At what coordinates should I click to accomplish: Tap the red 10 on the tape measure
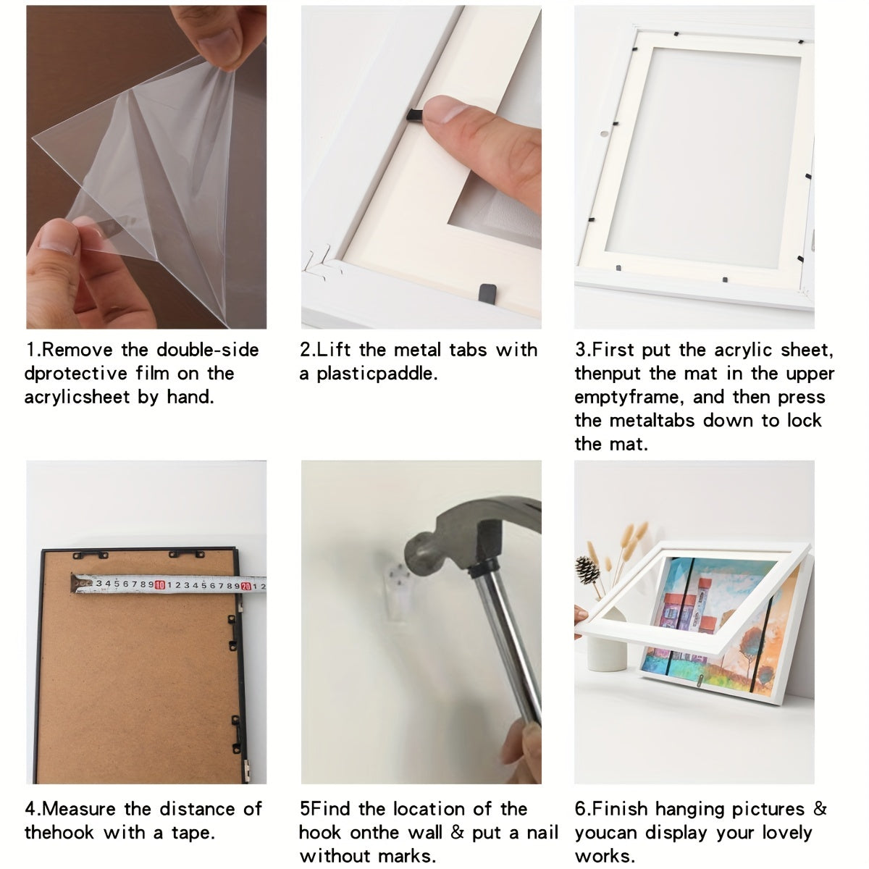pyautogui.click(x=160, y=585)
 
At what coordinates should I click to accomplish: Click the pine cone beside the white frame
pyautogui.click(x=587, y=570)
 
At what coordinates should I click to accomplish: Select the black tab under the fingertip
pyautogui.click(x=416, y=115)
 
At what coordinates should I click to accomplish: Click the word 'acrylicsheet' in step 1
pyautogui.click(x=77, y=398)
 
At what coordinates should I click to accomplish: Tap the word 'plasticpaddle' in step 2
pyautogui.click(x=377, y=374)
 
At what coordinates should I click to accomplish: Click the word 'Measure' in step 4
pyautogui.click(x=79, y=809)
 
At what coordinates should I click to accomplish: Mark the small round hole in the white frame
pyautogui.click(x=603, y=134)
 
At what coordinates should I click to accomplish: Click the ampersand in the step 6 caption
pyautogui.click(x=819, y=809)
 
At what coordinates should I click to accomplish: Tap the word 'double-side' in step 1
pyautogui.click(x=207, y=350)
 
